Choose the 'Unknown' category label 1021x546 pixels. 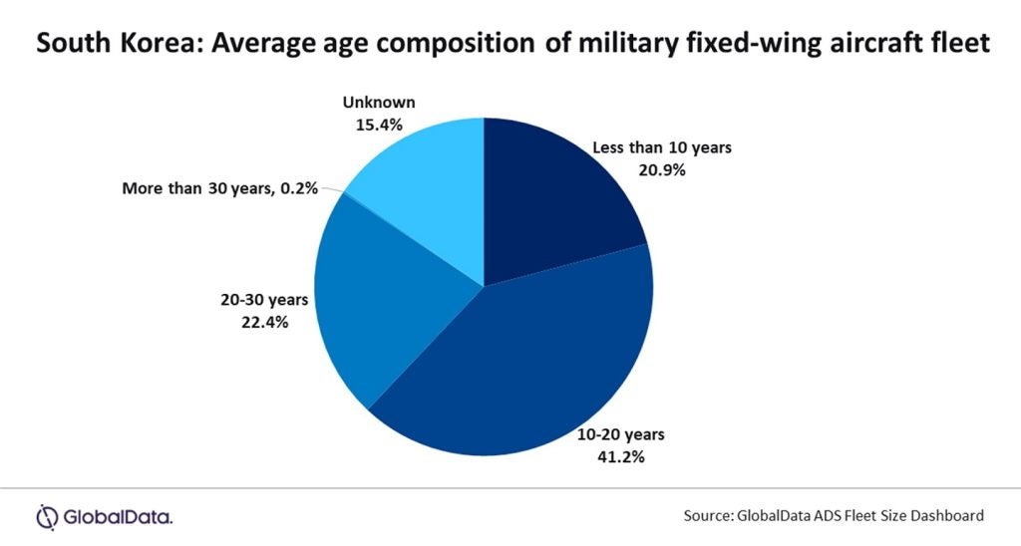[x=378, y=103]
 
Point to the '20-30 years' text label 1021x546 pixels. [x=264, y=301]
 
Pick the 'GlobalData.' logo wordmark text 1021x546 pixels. [x=118, y=516]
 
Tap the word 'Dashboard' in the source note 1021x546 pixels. [x=947, y=516]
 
